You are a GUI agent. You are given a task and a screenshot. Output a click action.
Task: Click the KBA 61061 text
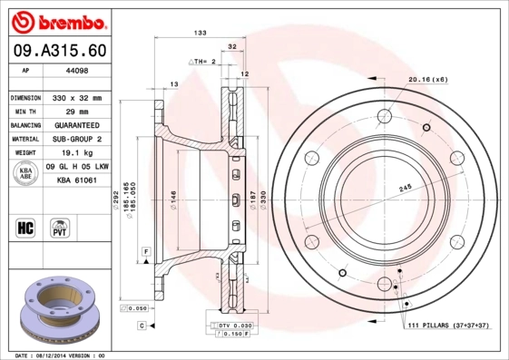click(77, 180)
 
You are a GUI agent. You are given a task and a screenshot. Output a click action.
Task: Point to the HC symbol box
click(26, 227)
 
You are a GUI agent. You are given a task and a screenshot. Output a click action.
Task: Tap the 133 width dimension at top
click(200, 33)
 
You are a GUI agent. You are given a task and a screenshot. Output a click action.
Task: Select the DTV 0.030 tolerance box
click(234, 325)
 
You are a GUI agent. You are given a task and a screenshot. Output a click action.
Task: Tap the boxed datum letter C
click(142, 325)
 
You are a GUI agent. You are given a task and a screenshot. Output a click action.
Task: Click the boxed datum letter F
click(144, 249)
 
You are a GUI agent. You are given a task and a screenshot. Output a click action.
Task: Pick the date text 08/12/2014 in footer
click(56, 355)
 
